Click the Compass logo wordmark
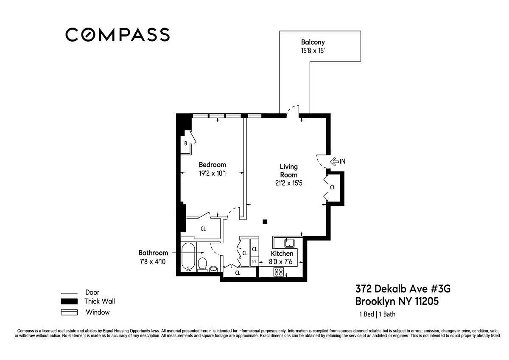click(x=117, y=34)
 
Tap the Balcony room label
click(x=313, y=42)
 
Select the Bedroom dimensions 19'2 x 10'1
click(x=213, y=173)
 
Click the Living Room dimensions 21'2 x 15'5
click(x=288, y=183)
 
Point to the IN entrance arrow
click(x=335, y=161)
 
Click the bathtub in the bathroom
click(x=188, y=257)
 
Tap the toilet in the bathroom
click(x=202, y=264)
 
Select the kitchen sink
click(x=289, y=243)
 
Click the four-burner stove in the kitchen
click(x=279, y=272)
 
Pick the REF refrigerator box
click(x=254, y=262)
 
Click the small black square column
click(x=265, y=222)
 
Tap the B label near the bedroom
click(x=186, y=143)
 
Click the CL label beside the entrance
click(x=333, y=187)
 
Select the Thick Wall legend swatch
click(x=69, y=301)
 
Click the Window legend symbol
click(x=69, y=312)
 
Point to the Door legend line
click(x=69, y=293)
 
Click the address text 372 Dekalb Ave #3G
click(x=403, y=289)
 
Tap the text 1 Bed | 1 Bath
click(x=378, y=314)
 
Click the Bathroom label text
click(x=154, y=253)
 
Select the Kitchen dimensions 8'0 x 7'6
click(x=281, y=262)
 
